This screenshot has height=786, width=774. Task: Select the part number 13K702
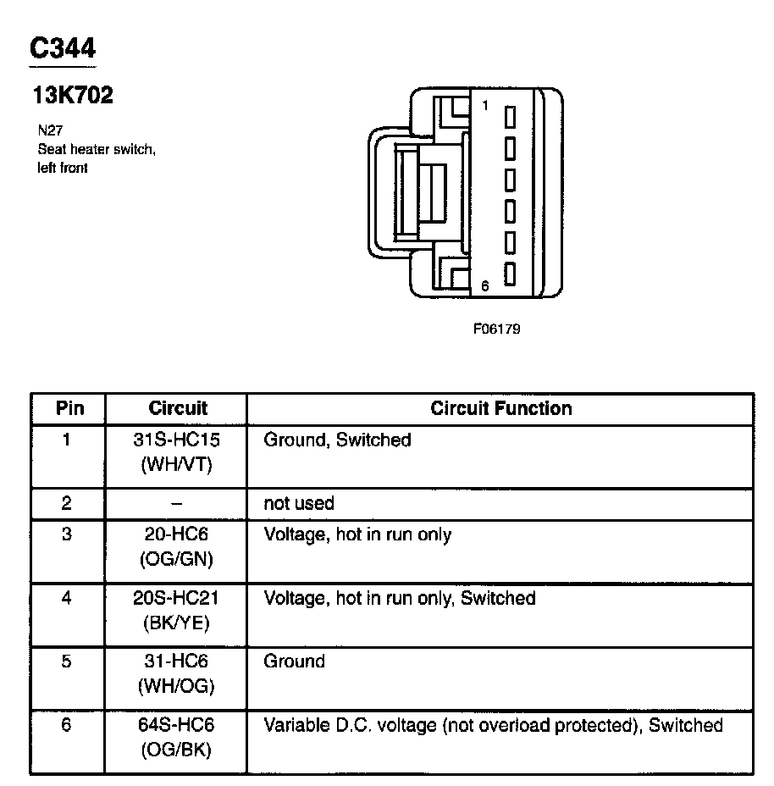coord(72,96)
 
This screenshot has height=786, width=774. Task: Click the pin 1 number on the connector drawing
coord(485,106)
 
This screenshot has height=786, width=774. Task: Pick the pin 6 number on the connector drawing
coord(485,286)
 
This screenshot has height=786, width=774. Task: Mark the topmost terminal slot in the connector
coord(510,116)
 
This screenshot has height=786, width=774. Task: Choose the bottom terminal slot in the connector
coord(510,274)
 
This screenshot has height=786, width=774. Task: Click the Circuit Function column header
coord(500,408)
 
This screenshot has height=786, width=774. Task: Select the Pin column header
coord(69,408)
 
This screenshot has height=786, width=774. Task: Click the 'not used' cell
coord(299,503)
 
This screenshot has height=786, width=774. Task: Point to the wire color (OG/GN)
coord(177,559)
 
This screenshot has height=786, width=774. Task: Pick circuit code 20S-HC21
coord(177,598)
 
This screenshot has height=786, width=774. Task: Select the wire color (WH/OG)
coord(177,686)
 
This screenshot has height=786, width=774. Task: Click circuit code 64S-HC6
coord(177,725)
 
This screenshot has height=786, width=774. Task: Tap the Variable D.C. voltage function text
coord(493,725)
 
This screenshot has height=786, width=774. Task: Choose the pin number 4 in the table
coord(67,598)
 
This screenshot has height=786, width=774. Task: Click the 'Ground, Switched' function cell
coord(337,440)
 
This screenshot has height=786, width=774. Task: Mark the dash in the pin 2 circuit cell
coord(177,503)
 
